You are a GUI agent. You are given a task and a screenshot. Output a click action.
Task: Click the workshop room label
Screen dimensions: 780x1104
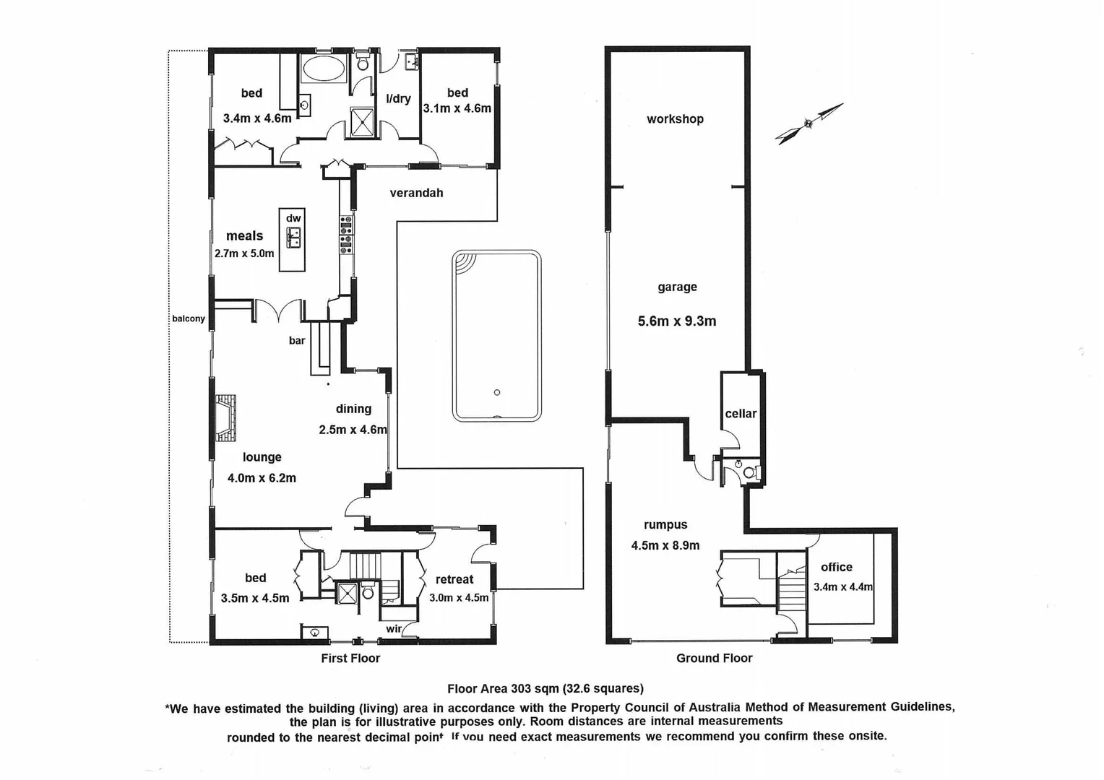(675, 119)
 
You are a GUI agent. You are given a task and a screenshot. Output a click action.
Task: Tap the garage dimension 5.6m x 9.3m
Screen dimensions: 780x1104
(677, 321)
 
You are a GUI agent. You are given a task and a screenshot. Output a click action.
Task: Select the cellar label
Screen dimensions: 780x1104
(741, 414)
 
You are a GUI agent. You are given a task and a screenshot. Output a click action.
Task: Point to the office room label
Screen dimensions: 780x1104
(836, 568)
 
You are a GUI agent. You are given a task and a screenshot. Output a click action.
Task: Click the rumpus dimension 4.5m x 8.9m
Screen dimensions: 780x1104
(665, 546)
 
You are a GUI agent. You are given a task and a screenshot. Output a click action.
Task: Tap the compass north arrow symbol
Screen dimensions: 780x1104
(808, 123)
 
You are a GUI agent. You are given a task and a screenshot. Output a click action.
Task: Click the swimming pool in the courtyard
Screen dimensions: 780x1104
(496, 336)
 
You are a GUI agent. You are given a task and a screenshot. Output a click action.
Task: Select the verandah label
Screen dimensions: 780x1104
(416, 193)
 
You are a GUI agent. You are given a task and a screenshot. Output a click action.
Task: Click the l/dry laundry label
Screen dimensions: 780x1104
(398, 99)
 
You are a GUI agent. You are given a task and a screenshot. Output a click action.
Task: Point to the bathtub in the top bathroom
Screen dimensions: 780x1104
(324, 70)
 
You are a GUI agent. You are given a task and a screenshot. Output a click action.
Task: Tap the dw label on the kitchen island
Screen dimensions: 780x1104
(293, 218)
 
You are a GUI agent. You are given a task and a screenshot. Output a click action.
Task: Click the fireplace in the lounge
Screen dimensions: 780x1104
(225, 418)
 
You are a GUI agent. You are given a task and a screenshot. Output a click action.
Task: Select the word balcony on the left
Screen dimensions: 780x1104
(189, 318)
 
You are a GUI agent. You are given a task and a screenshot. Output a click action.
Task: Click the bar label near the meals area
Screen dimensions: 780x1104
(297, 341)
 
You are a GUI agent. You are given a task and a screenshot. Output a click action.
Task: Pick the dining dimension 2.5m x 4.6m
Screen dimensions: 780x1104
(353, 430)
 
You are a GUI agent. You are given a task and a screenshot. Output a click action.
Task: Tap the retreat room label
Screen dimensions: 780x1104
(454, 579)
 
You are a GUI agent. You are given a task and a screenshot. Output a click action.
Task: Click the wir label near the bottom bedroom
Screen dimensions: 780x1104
(394, 629)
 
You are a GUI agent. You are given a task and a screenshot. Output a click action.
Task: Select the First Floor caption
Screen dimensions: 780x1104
(350, 658)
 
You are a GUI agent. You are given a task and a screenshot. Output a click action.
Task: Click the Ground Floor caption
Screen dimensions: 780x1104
(714, 658)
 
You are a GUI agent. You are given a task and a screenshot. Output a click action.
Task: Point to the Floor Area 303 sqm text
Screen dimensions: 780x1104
(545, 688)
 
